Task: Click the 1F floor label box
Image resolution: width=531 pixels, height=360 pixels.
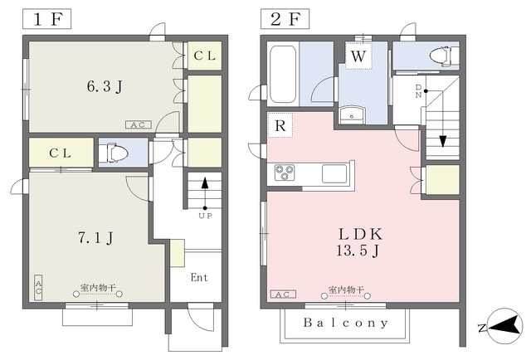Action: coord(46,19)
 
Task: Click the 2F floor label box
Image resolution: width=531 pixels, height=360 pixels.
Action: coord(285,19)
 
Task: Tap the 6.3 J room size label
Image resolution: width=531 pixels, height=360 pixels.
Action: coord(105,87)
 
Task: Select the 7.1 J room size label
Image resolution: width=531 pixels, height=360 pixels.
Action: coord(96,238)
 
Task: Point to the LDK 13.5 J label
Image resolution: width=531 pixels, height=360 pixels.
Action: coord(360,242)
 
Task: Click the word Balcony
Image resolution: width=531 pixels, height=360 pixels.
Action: coord(346,323)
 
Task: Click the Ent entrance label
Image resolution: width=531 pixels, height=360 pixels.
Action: coord(199,278)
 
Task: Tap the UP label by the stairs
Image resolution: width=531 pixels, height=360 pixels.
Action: coord(205,216)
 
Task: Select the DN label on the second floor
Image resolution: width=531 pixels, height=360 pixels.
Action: coord(418,91)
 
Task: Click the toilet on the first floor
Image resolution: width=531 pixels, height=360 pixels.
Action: coord(116,153)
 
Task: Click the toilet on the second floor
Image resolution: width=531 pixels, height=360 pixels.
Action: coord(444,56)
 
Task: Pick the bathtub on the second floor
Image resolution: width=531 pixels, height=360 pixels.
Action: coord(282,74)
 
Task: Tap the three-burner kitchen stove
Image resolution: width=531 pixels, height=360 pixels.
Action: coord(285,173)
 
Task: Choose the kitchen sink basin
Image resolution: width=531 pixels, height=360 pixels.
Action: coord(334,173)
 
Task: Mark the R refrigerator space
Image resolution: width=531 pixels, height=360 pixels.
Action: coord(280,125)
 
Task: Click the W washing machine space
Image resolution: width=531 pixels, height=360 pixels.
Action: coord(358,56)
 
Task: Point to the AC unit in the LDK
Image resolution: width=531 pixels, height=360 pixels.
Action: coord(283,294)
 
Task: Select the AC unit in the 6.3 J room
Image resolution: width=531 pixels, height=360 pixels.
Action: coord(139,124)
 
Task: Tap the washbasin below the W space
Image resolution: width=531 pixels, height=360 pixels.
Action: coord(352,115)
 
